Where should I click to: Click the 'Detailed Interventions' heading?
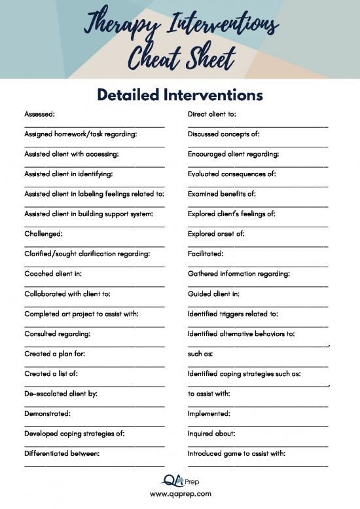pyautogui.click(x=180, y=95)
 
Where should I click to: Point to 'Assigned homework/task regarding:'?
pyautogui.click(x=81, y=134)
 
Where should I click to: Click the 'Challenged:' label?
pyautogui.click(x=43, y=233)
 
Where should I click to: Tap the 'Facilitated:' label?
pyautogui.click(x=206, y=254)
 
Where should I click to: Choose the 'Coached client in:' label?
pyautogui.click(x=52, y=273)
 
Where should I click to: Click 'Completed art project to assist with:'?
pyautogui.click(x=81, y=314)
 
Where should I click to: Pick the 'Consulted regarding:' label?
pyautogui.click(x=57, y=333)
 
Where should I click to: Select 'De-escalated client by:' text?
pyautogui.click(x=61, y=394)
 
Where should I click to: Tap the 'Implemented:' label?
pyautogui.click(x=209, y=414)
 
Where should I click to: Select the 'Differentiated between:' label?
pyautogui.click(x=62, y=453)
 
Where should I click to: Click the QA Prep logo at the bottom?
pyautogui.click(x=180, y=481)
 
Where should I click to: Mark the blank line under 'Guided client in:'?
pyautogui.click(x=258, y=305)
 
